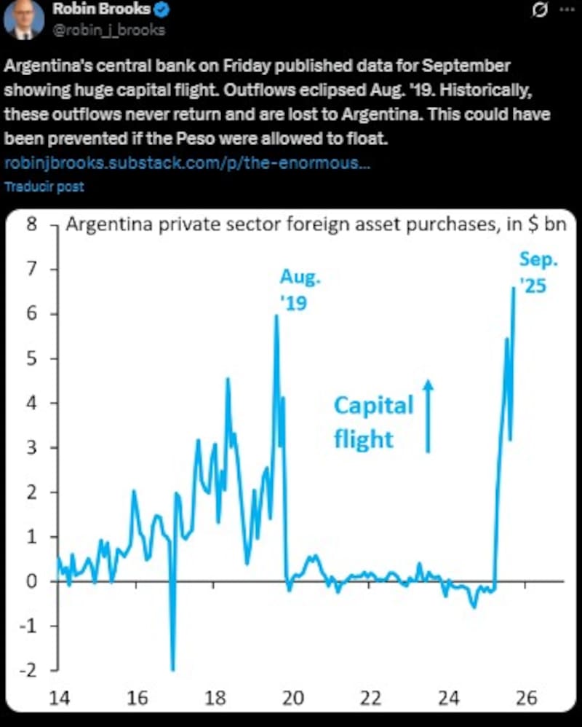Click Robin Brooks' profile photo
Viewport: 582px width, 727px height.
click(24, 20)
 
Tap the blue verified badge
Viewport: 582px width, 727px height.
click(164, 9)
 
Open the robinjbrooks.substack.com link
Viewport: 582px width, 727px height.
click(188, 162)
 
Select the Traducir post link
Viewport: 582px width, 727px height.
click(44, 186)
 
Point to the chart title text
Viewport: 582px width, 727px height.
click(316, 224)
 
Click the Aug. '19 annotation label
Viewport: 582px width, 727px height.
click(300, 288)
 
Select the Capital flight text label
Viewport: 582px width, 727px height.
click(372, 422)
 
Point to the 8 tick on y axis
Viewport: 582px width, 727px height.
click(31, 224)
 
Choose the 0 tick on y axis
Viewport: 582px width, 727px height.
click(31, 581)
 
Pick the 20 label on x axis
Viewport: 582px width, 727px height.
click(292, 698)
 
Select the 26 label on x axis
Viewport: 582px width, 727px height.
click(527, 698)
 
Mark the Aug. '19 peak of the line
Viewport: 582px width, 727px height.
click(276, 316)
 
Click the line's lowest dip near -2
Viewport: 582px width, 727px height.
click(173, 669)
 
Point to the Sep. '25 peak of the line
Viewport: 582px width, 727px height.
click(514, 288)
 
